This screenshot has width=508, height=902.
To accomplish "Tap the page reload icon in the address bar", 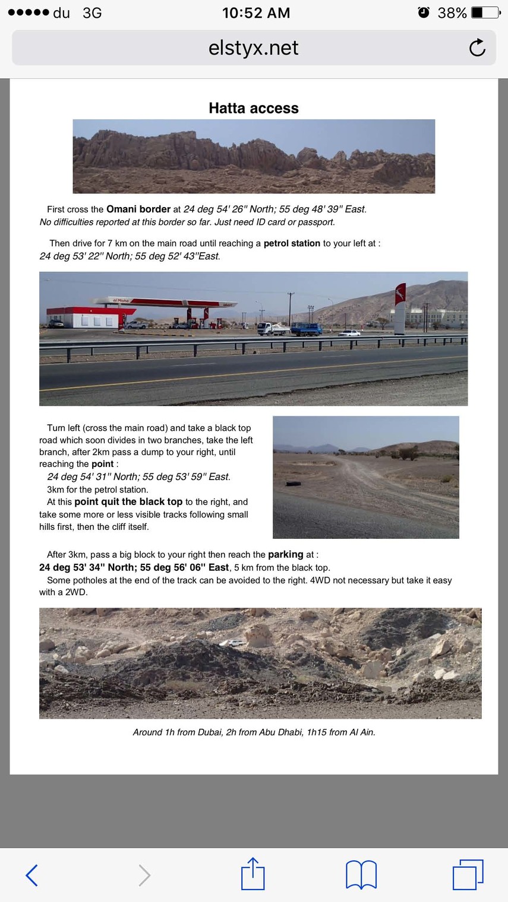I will click(x=477, y=47).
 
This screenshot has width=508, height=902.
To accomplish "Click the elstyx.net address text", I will click(x=254, y=47).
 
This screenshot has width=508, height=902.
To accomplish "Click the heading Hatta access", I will click(x=254, y=108).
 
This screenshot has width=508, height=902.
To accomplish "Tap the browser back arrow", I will click(x=32, y=875).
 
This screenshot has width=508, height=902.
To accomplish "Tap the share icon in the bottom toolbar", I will click(x=253, y=874).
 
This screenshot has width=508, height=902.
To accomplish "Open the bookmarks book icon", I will click(x=361, y=875).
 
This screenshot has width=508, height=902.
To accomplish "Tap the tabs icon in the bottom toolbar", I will click(x=468, y=875).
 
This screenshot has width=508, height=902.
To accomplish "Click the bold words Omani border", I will click(x=138, y=209).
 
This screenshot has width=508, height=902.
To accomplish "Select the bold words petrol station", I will click(x=292, y=243).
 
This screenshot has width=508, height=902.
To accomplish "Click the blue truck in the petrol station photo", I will click(x=307, y=329).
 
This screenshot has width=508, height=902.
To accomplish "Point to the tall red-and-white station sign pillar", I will click(x=400, y=309).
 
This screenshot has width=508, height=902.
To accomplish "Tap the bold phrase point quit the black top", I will click(x=128, y=502).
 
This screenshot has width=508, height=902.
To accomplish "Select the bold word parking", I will click(x=286, y=554).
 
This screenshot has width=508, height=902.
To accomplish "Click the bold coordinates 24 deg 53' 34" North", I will click(x=87, y=567).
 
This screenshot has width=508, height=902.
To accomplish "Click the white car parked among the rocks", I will click(x=236, y=643).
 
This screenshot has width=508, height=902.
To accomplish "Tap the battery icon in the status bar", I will click(x=485, y=12).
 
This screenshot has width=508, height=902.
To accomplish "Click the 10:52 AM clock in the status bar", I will click(x=256, y=12).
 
